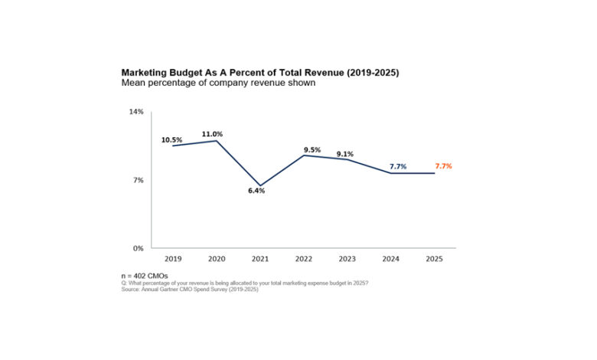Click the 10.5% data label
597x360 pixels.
pos(171,140)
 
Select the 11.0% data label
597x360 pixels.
pos(212,134)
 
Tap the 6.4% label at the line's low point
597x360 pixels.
pos(256,191)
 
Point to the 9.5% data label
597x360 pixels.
pos(312,150)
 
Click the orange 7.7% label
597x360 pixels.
pos(444,166)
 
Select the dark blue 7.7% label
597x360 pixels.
pos(398,166)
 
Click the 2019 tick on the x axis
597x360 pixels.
pos(172,258)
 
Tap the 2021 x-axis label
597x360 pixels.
pos(259,258)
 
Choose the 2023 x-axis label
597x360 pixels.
pos(347,258)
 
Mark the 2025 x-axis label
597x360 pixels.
pos(434,258)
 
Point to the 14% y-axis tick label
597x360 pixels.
pos(136,112)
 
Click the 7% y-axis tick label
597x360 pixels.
pos(139,180)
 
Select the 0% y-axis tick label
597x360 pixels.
pos(139,248)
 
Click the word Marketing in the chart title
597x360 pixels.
pos(146,73)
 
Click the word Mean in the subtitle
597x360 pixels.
pos(134,83)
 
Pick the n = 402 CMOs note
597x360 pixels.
pos(145,275)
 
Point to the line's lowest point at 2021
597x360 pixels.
pos(259,186)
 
